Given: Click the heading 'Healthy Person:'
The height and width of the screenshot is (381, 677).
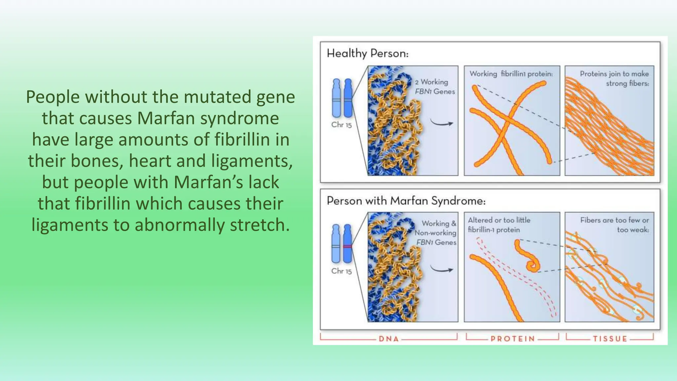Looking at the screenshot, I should pyautogui.click(x=368, y=54).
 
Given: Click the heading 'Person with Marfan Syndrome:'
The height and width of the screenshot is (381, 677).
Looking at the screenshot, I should pyautogui.click(x=406, y=201).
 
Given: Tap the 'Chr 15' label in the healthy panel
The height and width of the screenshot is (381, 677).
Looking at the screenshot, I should pyautogui.click(x=341, y=125).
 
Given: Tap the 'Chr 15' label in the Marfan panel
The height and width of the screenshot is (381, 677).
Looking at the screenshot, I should pyautogui.click(x=341, y=271).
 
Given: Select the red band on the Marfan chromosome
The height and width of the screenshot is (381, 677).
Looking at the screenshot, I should pyautogui.click(x=347, y=246).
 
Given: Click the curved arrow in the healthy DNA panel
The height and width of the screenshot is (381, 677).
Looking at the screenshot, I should pyautogui.click(x=441, y=123).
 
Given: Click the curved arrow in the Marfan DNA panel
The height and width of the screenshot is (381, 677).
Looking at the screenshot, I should pyautogui.click(x=441, y=269).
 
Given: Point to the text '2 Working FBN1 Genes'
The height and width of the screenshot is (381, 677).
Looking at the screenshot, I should pyautogui.click(x=434, y=87).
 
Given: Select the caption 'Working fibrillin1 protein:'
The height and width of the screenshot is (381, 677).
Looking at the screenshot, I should pyautogui.click(x=511, y=74).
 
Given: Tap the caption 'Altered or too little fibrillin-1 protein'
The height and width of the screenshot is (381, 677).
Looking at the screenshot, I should pyautogui.click(x=499, y=225).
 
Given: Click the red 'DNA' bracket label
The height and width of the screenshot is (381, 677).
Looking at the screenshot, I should pyautogui.click(x=389, y=339).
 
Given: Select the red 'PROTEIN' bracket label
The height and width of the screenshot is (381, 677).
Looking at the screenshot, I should pyautogui.click(x=512, y=339).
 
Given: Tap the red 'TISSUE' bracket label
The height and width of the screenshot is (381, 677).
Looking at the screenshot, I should pyautogui.click(x=610, y=339).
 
